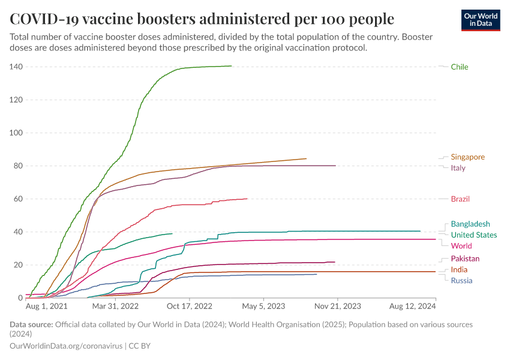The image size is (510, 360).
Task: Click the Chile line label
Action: pos(460,67)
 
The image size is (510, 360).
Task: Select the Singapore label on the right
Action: pos(467,157)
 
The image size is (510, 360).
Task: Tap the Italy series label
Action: pos(458,168)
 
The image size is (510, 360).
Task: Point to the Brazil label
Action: pos(460,199)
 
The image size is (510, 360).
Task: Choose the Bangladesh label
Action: pos(470,224)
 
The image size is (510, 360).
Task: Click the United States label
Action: pos(473,235)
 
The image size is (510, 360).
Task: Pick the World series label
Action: pos(461,246)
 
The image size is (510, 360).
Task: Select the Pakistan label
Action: pos(465,259)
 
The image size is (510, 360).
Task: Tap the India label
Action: pos(459,270)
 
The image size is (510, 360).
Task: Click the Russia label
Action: pos(461,281)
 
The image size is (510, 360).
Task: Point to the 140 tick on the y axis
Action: pos(16,67)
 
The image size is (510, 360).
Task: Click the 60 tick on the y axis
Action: pos(17,199)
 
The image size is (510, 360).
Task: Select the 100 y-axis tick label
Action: pos(16,133)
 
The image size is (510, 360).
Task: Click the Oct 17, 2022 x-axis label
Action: pos(190,306)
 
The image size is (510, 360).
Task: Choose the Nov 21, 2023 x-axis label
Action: pos(337,306)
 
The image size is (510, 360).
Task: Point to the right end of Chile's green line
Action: pos(231,66)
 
